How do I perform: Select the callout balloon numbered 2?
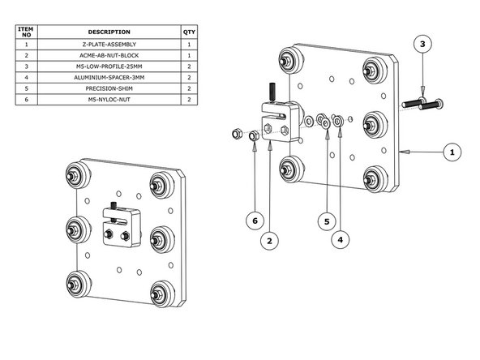[268, 241]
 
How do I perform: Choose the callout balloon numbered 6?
[255, 220]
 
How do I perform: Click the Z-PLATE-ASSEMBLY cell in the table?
[109, 45]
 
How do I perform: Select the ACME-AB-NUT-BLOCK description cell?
[109, 55]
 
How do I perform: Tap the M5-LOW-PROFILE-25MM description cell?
[109, 66]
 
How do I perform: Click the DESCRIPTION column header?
[109, 32]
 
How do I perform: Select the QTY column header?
[189, 32]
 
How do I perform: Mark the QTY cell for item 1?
[189, 45]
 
